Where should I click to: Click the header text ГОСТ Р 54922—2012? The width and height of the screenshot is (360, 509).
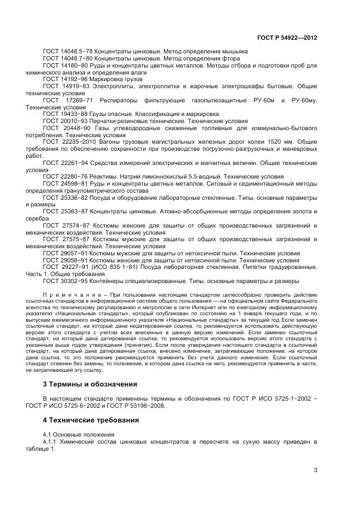pyautogui.click(x=286, y=38)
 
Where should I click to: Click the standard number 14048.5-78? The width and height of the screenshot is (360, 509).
pyautogui.click(x=76, y=51)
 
